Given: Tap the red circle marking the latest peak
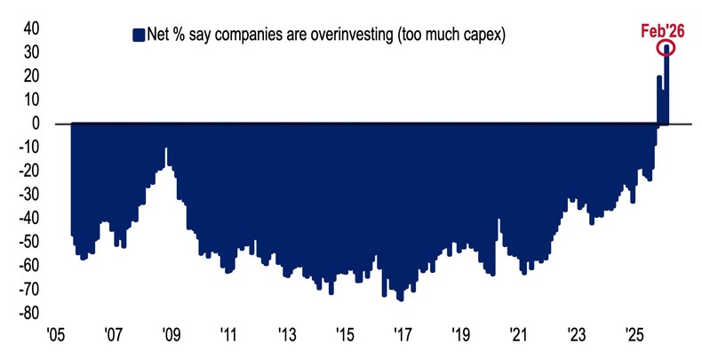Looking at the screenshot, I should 666,48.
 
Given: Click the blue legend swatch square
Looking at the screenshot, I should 138,35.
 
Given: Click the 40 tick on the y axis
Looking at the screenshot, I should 30,29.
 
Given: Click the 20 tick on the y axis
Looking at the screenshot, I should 30,76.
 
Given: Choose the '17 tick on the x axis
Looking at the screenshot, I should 403,336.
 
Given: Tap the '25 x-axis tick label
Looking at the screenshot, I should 634,336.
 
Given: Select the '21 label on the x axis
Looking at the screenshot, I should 518,336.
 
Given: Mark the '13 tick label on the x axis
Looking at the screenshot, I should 286,336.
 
